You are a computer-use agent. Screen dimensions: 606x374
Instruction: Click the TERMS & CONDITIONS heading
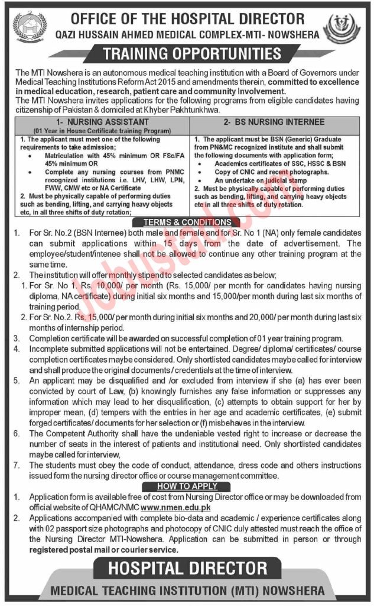(x=187, y=222)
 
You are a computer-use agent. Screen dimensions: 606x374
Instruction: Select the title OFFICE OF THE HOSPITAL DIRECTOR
(x=187, y=18)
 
